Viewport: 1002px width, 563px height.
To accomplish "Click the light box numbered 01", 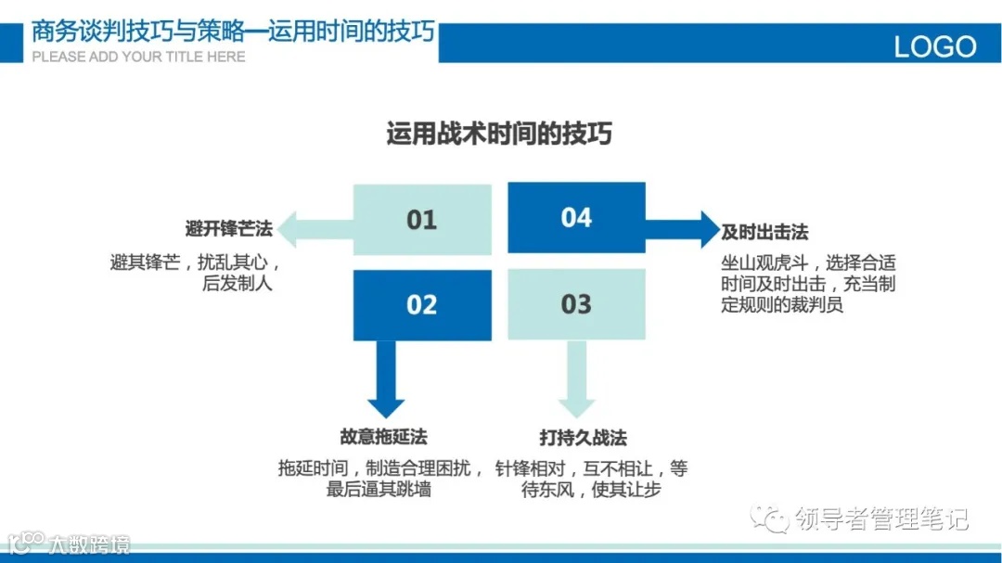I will tap(422, 220).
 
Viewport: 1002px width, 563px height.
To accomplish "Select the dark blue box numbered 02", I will tap(422, 305).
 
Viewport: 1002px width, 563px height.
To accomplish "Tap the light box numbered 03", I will tap(576, 304).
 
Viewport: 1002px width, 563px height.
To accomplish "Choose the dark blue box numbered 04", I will tap(576, 218).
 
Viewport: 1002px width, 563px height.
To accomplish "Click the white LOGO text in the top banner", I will tap(934, 46).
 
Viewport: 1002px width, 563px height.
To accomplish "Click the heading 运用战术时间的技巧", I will tap(499, 134).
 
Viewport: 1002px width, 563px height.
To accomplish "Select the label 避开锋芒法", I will tap(229, 229).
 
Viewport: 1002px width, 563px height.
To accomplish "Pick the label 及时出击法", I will tap(765, 232).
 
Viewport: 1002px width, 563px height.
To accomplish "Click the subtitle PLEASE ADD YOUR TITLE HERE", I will tap(139, 57).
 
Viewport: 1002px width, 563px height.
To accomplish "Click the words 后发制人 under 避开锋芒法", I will tap(238, 284).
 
